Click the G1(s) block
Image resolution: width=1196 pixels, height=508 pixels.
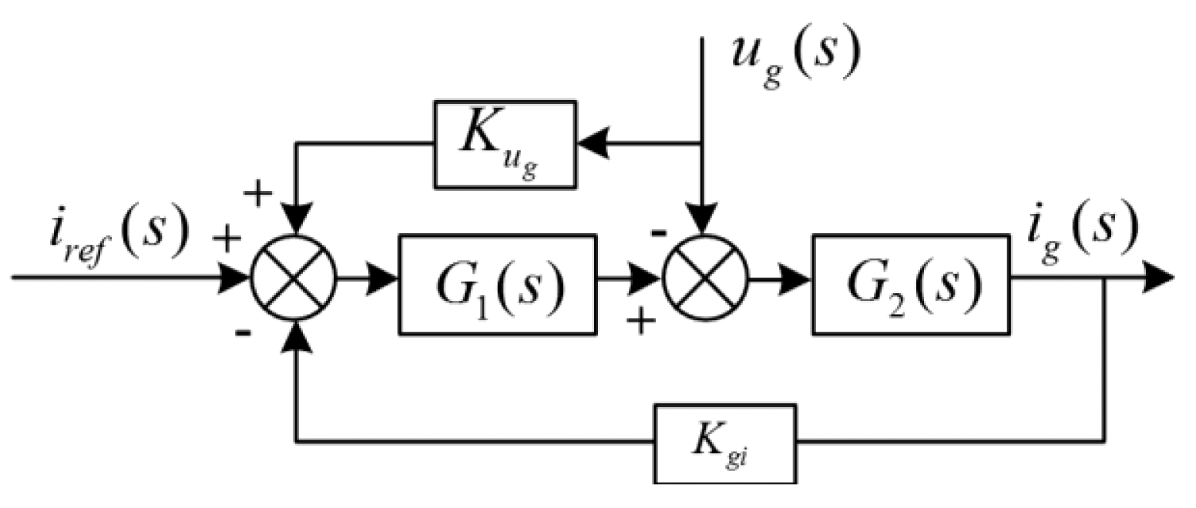[497, 285]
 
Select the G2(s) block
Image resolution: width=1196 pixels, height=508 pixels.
[911, 285]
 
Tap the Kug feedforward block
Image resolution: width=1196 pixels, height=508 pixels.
[505, 144]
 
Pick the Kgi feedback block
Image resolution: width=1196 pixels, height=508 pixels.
[724, 443]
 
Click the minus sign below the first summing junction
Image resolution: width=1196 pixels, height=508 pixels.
[243, 333]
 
